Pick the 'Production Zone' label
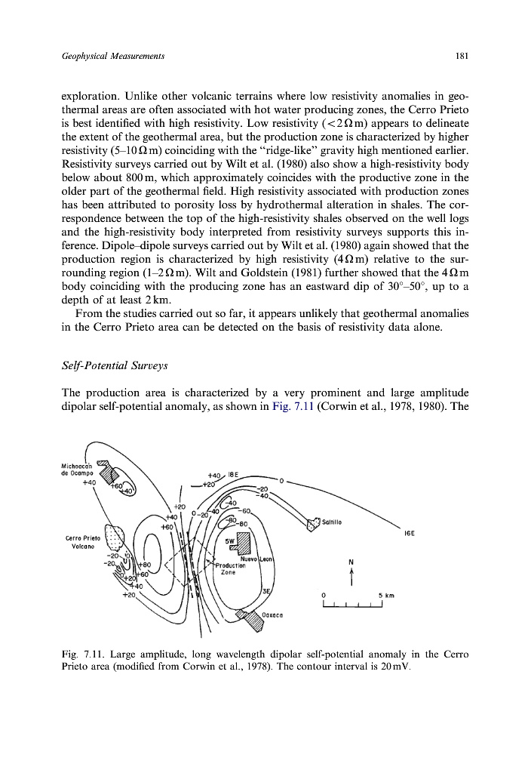click(227, 568)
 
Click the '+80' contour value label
click(146, 562)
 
